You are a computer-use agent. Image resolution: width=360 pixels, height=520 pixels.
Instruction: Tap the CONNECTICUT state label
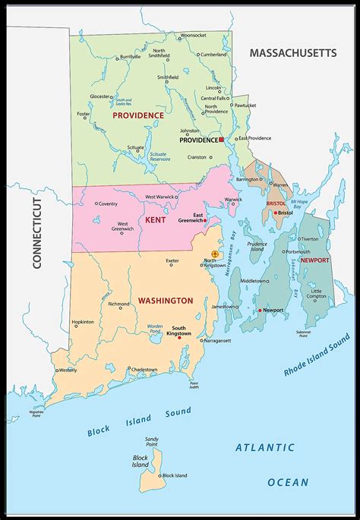pyautogui.click(x=35, y=232)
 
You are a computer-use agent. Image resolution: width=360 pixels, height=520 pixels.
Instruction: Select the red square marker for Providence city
pyautogui.click(x=221, y=140)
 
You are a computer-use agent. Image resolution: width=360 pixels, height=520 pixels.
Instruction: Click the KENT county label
pyautogui.click(x=155, y=220)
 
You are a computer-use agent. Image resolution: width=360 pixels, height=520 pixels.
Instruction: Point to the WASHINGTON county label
pyautogui.click(x=165, y=301)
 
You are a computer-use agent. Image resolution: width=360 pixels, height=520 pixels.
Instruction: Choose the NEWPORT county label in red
pyautogui.click(x=314, y=260)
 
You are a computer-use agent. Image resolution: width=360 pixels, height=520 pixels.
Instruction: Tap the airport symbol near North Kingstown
pyautogui.click(x=215, y=254)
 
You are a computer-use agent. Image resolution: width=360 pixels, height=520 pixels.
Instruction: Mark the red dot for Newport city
pyautogui.click(x=260, y=310)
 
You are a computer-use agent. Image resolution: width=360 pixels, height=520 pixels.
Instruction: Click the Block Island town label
pyautogui.click(x=175, y=475)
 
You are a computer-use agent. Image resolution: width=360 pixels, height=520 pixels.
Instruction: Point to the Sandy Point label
pyautogui.click(x=153, y=442)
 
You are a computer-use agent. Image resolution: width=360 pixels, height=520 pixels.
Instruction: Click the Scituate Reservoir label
pyautogui.click(x=159, y=156)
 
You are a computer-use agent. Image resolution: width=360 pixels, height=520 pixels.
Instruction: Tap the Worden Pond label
pyautogui.click(x=155, y=329)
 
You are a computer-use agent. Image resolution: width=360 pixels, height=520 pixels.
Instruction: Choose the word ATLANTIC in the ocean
pyautogui.click(x=261, y=447)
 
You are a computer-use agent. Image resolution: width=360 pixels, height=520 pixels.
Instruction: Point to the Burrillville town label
pyautogui.click(x=125, y=56)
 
